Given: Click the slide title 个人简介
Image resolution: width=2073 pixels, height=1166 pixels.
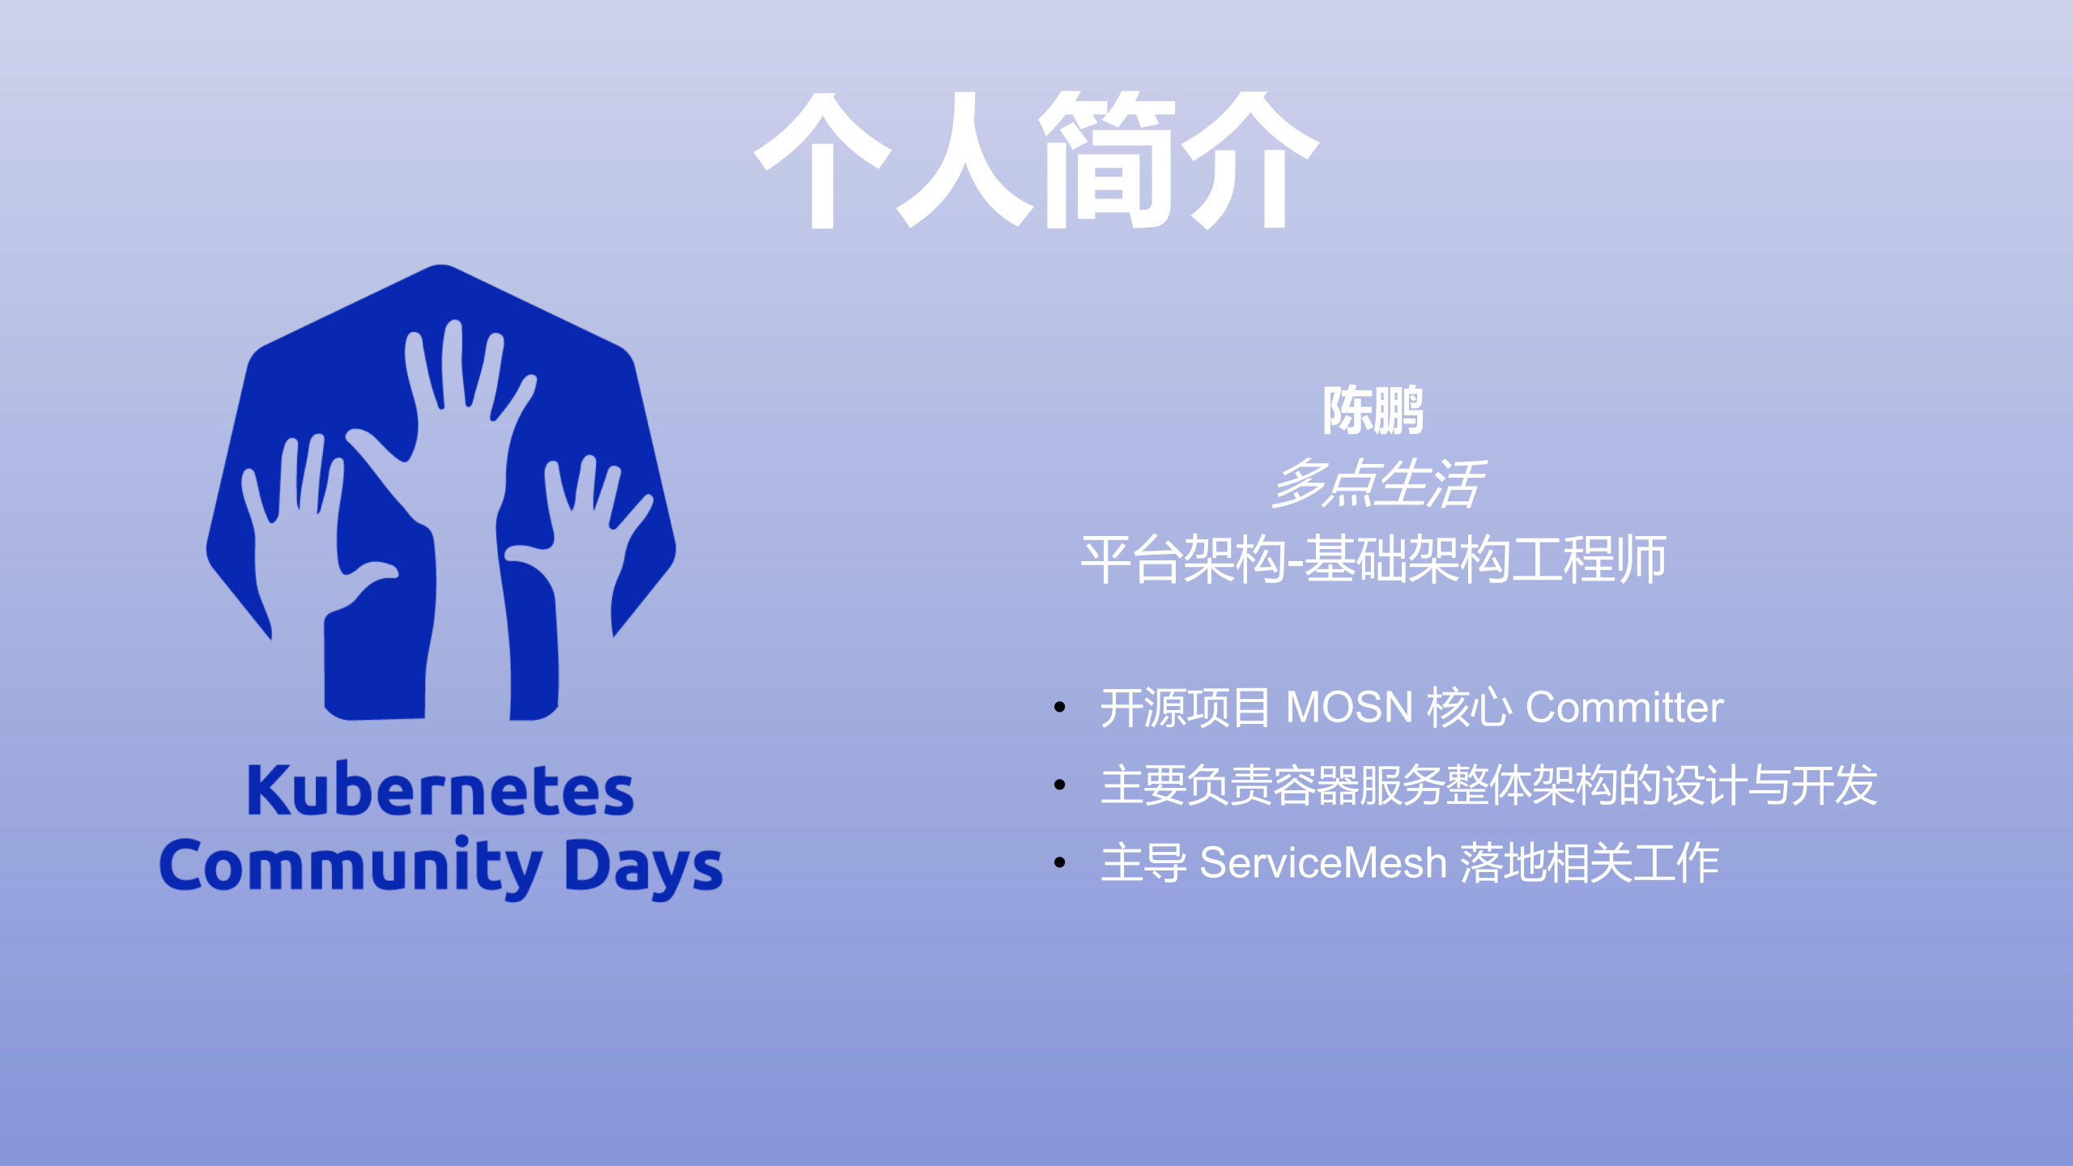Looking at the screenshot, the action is pos(1036,160).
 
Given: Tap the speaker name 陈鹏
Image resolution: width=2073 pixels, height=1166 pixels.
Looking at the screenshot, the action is pos(1373,410).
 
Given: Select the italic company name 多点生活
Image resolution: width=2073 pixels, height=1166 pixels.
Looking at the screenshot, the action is pos(1377,483).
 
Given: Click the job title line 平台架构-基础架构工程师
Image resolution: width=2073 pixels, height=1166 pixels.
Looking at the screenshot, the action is pos(1373,559).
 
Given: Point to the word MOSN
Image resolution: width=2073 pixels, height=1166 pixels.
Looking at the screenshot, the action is pos(1349,707).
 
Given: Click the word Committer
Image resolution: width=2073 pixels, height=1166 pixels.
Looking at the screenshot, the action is pos(1624,707).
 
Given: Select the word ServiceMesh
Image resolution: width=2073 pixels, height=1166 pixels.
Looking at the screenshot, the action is pos(1322,862).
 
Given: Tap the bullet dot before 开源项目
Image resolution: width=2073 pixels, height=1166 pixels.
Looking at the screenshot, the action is pos(1060,708).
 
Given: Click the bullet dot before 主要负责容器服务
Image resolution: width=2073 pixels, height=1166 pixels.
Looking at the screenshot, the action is pos(1060,785).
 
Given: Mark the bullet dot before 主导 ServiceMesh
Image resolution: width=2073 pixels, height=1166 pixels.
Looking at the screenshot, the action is pos(1060,862).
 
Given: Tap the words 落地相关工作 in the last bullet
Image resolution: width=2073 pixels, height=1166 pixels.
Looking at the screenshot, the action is pos(1590,862).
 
